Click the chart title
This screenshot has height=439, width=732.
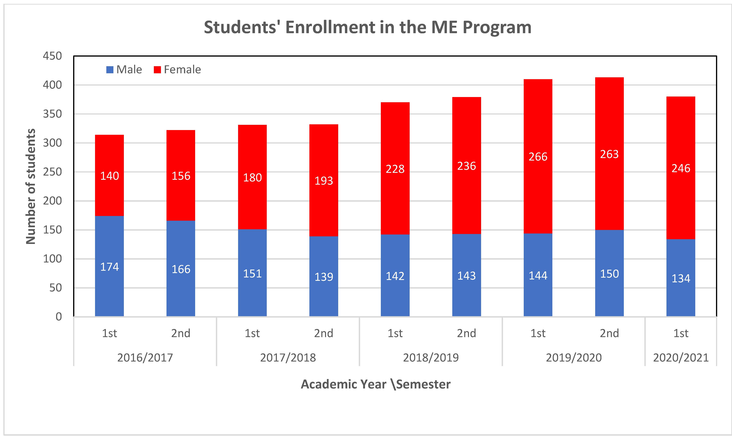pyautogui.click(x=368, y=27)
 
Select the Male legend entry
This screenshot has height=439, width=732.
pyautogui.click(x=124, y=70)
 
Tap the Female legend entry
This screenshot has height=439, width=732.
pyautogui.click(x=177, y=70)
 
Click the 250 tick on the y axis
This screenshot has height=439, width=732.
pyautogui.click(x=52, y=172)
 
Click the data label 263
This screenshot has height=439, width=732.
pyautogui.click(x=609, y=154)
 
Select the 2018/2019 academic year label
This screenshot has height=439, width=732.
pyautogui.click(x=431, y=358)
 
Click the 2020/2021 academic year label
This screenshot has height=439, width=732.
pyautogui.click(x=681, y=358)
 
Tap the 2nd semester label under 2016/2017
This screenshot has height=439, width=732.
pyautogui.click(x=181, y=333)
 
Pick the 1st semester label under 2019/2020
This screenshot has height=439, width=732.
pyautogui.click(x=538, y=333)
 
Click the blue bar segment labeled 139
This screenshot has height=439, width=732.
pyautogui.click(x=324, y=276)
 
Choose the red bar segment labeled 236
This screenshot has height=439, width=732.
pyautogui.click(x=467, y=165)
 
